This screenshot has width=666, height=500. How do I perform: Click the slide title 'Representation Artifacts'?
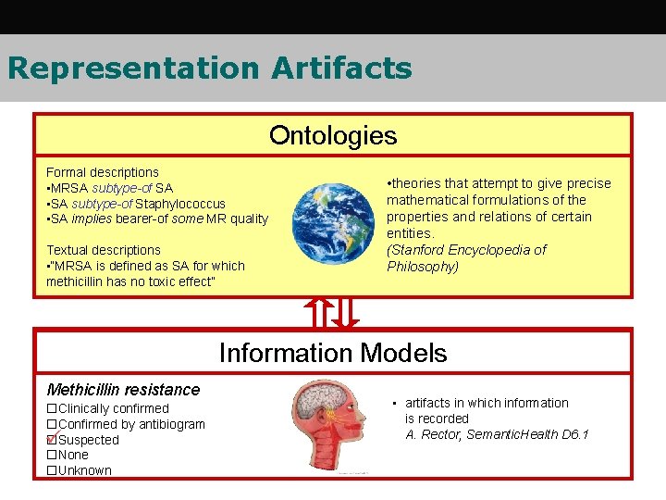[209, 69]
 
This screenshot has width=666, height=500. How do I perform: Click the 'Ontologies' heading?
[333, 136]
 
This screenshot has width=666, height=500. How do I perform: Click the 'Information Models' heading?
[333, 353]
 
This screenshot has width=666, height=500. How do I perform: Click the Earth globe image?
[333, 223]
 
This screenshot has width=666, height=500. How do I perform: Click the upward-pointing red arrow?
[318, 313]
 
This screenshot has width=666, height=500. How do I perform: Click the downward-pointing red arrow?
[346, 313]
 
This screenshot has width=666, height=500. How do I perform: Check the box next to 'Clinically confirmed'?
[52, 408]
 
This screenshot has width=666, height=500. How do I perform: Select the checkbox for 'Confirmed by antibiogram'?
[52, 424]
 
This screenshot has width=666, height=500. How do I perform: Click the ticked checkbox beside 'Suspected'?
[52, 440]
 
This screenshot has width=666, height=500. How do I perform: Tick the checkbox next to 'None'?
[52, 456]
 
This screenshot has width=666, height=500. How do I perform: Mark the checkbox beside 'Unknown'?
[52, 470]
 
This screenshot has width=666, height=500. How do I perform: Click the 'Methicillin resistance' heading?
[123, 390]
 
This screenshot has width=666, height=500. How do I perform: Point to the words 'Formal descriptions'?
[103, 172]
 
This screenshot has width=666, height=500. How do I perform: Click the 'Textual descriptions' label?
[104, 250]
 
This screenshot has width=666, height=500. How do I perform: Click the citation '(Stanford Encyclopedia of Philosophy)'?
[466, 258]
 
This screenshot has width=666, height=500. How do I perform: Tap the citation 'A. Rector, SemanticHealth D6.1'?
[497, 434]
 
